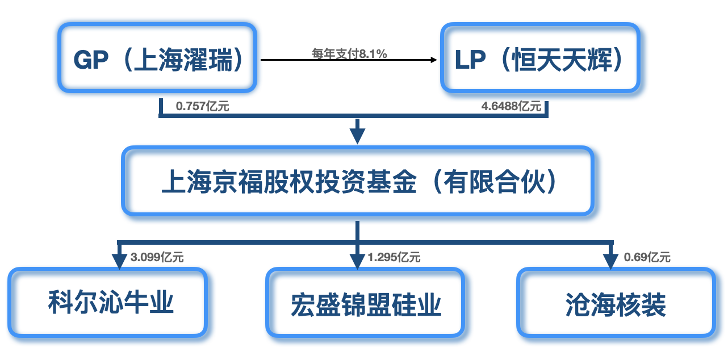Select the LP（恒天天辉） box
[x=539, y=58]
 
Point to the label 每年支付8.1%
[x=349, y=54]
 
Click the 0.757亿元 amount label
[x=203, y=106]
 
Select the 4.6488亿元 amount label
[x=511, y=106]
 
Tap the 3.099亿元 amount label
[x=157, y=257]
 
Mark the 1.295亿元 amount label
[x=394, y=257]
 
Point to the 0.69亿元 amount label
[x=647, y=257]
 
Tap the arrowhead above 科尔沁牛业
[x=119, y=259]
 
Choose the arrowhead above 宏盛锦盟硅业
[x=357, y=259]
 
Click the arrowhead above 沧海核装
[x=610, y=259]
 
